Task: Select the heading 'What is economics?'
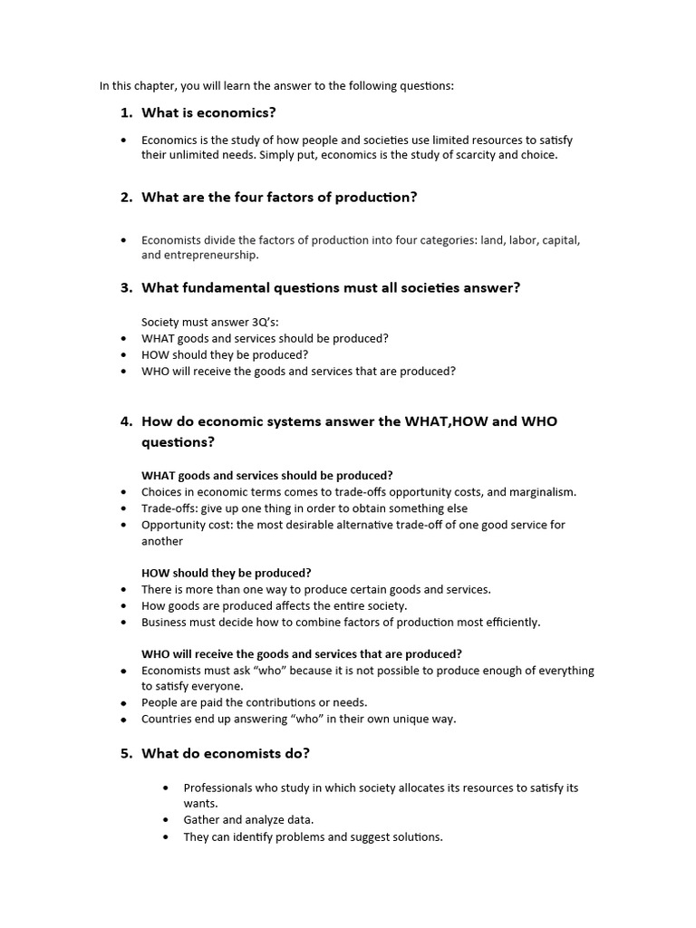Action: [208, 113]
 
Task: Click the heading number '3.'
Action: [126, 288]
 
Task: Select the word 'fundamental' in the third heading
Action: [217, 288]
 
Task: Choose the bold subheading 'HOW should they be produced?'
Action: [227, 573]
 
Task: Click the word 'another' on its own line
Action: [162, 541]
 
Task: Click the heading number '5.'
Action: [126, 754]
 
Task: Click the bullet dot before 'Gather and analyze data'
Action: [165, 819]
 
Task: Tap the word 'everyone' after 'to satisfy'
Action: [217, 686]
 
